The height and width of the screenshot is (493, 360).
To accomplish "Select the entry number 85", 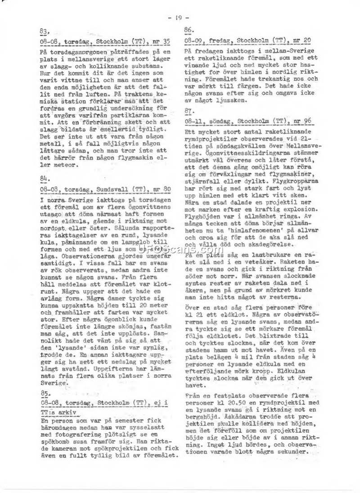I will (43, 393).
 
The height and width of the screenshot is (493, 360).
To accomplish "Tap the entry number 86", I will (189, 30).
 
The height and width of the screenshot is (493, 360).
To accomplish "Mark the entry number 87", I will (189, 111).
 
